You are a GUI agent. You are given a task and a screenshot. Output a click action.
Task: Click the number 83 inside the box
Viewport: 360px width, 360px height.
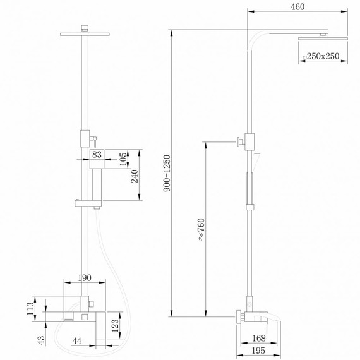(97, 154)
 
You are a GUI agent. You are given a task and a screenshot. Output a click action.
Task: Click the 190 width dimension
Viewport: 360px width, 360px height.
(85, 277)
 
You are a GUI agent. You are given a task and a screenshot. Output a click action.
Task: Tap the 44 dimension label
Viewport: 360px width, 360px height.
(76, 342)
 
